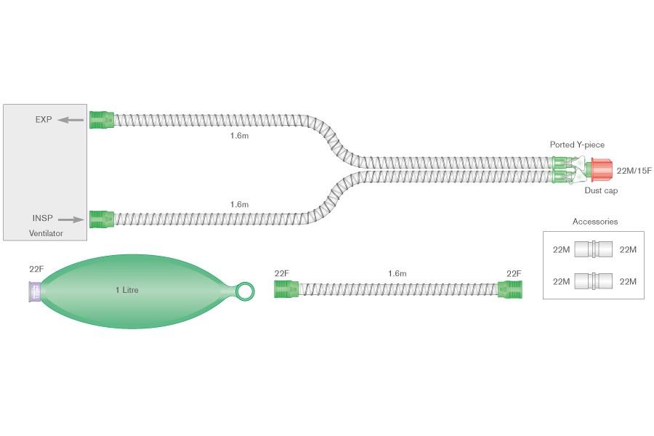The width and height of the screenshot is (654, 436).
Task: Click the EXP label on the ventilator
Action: [44, 120]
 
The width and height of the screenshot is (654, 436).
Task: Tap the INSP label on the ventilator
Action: [43, 218]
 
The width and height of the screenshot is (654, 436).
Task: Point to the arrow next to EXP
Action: [70, 120]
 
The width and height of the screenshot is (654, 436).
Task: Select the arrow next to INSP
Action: [71, 219]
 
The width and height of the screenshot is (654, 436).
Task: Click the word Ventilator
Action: [46, 233]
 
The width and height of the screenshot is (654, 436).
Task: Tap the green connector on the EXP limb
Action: [102, 120]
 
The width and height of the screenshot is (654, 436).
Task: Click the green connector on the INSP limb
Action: [102, 219]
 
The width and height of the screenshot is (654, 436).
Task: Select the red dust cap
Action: [602, 170]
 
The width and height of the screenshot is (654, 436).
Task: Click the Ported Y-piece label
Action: [577, 145]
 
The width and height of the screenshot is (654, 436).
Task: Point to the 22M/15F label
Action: [634, 171]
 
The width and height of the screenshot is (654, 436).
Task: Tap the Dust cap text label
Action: [601, 190]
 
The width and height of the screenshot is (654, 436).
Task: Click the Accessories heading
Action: [594, 222]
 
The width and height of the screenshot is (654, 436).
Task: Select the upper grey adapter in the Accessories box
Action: [594, 249]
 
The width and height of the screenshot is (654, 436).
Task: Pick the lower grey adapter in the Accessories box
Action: [594, 281]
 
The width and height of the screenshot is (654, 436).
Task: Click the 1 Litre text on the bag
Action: [126, 290]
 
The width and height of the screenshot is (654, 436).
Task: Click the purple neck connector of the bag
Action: [35, 291]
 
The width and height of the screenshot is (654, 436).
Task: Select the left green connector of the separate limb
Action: [286, 289]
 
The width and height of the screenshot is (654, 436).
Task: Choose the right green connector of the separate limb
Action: [509, 289]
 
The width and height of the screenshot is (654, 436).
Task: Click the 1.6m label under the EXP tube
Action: [239, 136]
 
